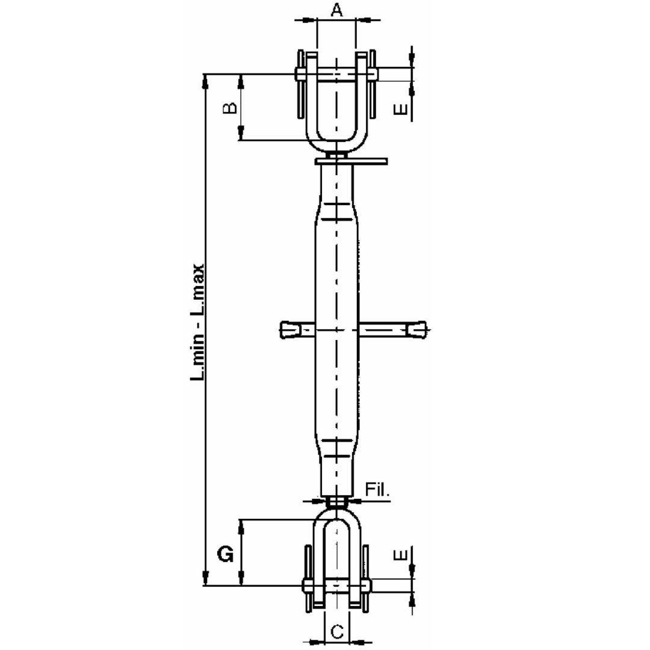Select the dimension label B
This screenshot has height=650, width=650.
(230, 108)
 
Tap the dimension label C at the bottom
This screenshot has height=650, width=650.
(338, 631)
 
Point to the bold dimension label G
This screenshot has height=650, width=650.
(225, 554)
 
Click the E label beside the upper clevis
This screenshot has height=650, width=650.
(400, 109)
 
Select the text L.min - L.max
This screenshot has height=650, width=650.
(198, 322)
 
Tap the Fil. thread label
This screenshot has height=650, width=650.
(378, 491)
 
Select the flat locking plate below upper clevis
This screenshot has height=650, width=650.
(351, 161)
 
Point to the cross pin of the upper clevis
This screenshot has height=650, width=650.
(336, 74)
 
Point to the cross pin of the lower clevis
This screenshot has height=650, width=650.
(338, 585)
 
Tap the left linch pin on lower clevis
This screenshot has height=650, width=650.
(308, 578)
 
